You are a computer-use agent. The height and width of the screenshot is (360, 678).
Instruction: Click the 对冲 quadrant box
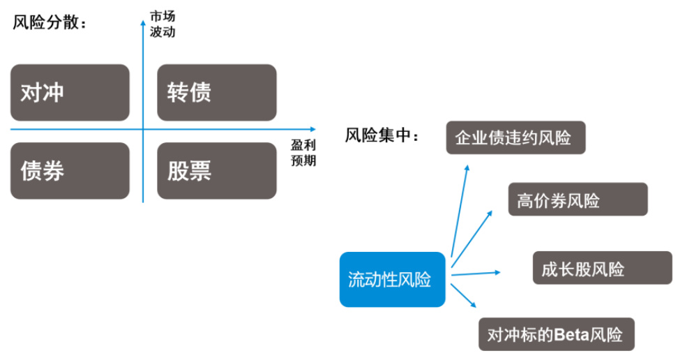pyautogui.click(x=70, y=93)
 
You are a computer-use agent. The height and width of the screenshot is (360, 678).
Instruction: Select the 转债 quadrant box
pyautogui.click(x=217, y=93)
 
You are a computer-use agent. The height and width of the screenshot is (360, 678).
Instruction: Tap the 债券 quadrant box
pyautogui.click(x=70, y=171)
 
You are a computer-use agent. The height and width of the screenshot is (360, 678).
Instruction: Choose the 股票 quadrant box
pyautogui.click(x=217, y=171)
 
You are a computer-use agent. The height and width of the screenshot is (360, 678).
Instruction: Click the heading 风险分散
pyautogui.click(x=50, y=22)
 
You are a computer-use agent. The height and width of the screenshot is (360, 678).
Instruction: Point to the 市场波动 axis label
pyautogui.click(x=163, y=24)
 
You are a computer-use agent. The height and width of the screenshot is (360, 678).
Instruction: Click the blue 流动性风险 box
pyautogui.click(x=392, y=280)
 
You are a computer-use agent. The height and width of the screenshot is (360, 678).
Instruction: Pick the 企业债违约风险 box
pyautogui.click(x=515, y=137)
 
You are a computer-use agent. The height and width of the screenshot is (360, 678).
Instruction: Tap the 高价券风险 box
pyautogui.click(x=578, y=200)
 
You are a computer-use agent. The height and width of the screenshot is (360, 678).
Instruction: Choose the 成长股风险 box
pyautogui.click(x=602, y=269)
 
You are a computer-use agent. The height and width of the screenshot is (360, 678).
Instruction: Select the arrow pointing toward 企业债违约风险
pyautogui.click(x=460, y=209)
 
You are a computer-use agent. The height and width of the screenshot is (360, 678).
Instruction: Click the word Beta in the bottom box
pyautogui.click(x=572, y=333)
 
